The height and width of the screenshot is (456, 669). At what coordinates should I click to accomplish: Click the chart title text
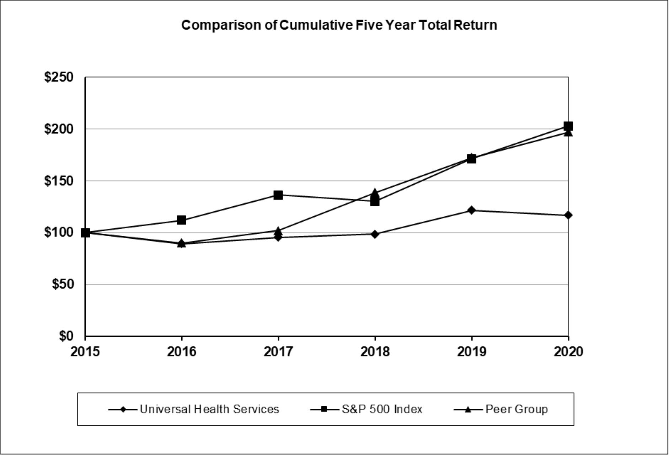(339, 25)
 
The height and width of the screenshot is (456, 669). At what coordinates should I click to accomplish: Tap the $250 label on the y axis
(59, 77)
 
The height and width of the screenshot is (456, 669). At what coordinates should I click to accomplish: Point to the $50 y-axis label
(63, 284)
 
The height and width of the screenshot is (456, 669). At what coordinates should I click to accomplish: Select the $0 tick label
(66, 336)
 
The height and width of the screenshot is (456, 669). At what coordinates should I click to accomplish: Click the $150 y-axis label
(59, 181)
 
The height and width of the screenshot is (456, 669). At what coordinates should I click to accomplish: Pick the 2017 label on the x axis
(278, 352)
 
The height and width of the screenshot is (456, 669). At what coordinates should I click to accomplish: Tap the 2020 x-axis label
(568, 352)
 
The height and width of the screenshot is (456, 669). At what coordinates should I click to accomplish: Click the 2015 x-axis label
(85, 352)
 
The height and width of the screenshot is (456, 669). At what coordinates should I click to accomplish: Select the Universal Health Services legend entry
(194, 409)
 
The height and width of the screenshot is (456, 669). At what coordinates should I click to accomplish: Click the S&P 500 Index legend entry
(366, 409)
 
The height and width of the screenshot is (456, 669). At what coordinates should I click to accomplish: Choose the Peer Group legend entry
(501, 409)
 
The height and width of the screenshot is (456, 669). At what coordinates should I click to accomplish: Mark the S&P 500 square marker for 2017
(278, 195)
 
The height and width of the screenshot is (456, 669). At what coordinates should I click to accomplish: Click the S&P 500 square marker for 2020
(568, 126)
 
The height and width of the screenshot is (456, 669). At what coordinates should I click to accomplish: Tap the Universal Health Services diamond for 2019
(471, 210)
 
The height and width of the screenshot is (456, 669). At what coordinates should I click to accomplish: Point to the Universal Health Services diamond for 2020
(568, 215)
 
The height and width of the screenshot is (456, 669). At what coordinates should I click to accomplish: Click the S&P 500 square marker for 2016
(181, 220)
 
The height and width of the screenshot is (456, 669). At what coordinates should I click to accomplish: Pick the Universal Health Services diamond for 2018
(375, 234)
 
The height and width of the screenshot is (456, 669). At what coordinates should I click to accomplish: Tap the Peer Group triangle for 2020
(568, 133)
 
